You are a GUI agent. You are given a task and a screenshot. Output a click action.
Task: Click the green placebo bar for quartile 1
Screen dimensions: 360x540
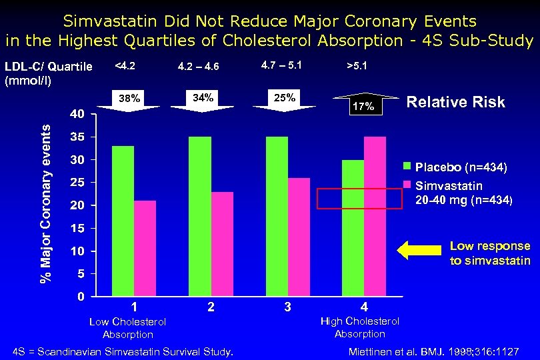pyautogui.click(x=123, y=221)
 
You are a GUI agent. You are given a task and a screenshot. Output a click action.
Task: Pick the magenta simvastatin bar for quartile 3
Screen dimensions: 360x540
pyautogui.click(x=299, y=237)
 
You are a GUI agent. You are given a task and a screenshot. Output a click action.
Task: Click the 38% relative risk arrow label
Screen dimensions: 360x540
pyautogui.click(x=129, y=99)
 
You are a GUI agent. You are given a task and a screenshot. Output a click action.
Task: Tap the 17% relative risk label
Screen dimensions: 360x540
pyautogui.click(x=364, y=106)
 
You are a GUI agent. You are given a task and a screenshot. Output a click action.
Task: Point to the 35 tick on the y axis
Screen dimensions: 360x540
pyautogui.click(x=77, y=137)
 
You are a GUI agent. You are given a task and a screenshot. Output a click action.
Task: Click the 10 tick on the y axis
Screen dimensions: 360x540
pyautogui.click(x=77, y=251)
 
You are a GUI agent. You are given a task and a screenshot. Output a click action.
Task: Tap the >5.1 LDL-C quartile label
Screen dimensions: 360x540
pyautogui.click(x=357, y=66)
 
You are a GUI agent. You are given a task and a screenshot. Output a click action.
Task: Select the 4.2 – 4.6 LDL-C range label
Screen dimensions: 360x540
pyautogui.click(x=199, y=66)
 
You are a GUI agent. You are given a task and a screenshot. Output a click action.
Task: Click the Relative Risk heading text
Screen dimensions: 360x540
pyautogui.click(x=456, y=102)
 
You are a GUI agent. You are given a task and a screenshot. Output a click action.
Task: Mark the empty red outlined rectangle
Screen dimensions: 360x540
pyautogui.click(x=360, y=199)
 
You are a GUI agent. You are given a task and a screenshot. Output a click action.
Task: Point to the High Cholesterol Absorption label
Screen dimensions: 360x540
pyautogui.click(x=360, y=327)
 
